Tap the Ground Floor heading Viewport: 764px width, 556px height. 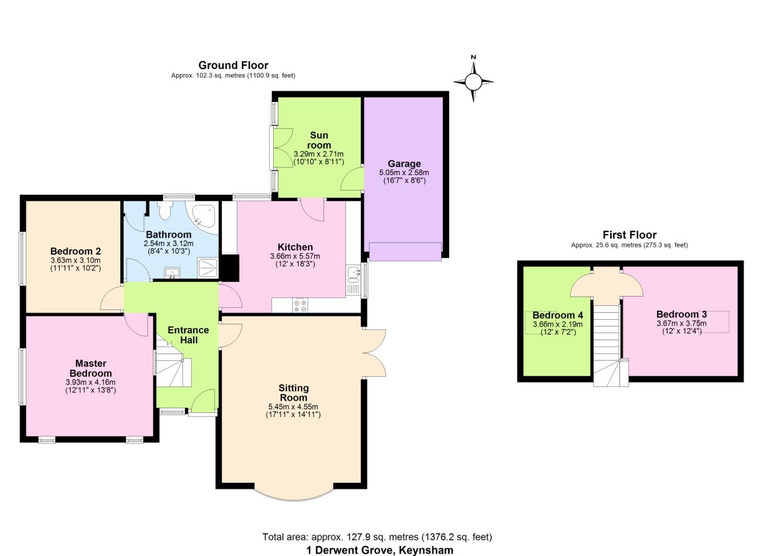[x=233, y=65]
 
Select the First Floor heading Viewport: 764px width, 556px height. [x=629, y=235]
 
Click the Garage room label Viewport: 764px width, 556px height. [x=404, y=164]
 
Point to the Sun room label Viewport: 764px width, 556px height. [x=319, y=140]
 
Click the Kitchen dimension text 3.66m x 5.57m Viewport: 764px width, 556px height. [x=295, y=256]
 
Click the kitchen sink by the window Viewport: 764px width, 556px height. [x=353, y=280]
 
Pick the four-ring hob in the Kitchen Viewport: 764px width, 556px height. [x=300, y=305]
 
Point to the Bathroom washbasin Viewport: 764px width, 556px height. [x=172, y=273]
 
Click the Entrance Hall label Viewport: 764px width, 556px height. [x=188, y=335]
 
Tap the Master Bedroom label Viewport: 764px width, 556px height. [x=91, y=368]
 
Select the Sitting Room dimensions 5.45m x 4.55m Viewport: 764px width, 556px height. [x=293, y=407]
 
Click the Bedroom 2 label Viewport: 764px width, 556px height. [x=76, y=251]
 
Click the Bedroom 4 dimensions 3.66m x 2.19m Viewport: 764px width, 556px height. [x=558, y=324]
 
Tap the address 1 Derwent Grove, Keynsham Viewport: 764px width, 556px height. [x=380, y=550]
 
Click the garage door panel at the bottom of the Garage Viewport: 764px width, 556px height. [x=405, y=252]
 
